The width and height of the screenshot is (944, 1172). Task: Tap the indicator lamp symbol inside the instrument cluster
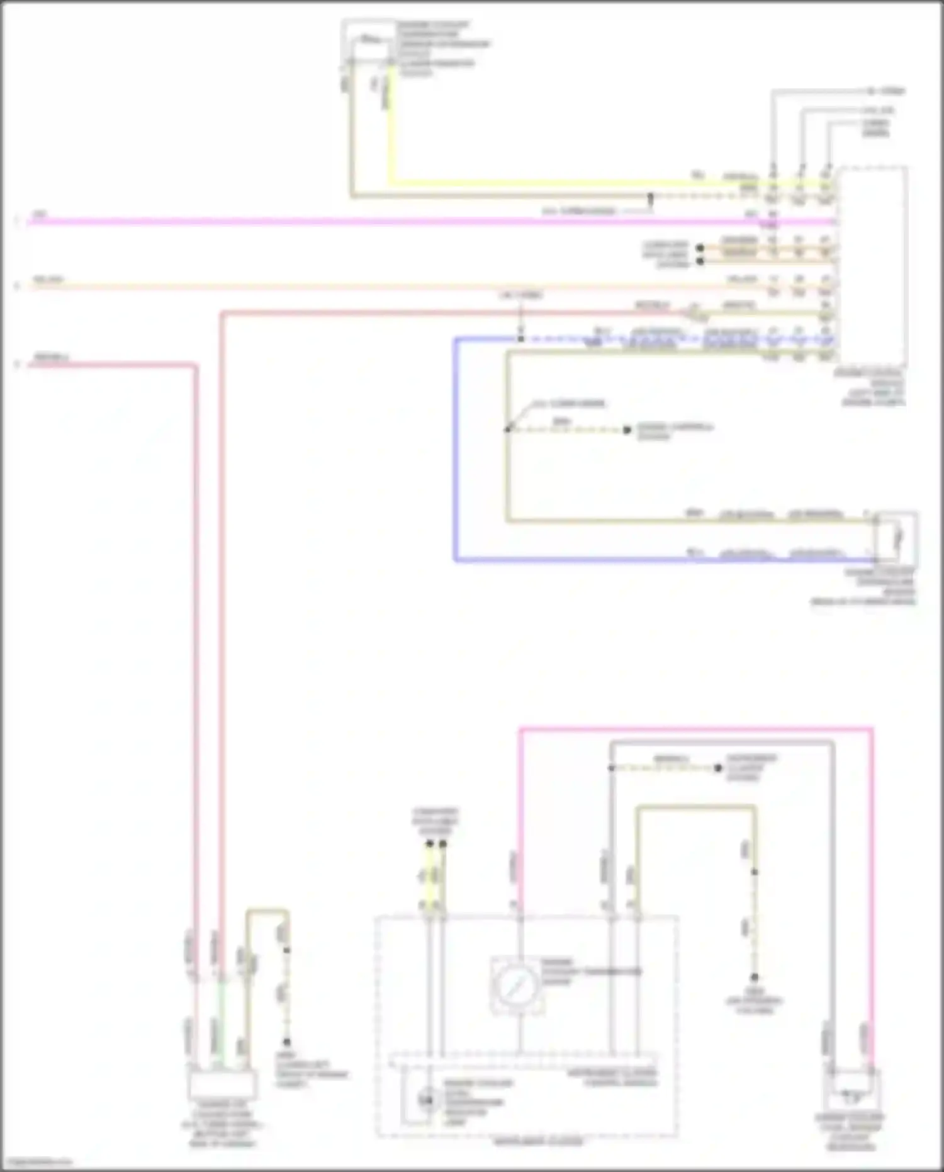[428, 1100]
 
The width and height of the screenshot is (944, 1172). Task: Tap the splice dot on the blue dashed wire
[520, 339]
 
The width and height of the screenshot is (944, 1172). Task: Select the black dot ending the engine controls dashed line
[627, 430]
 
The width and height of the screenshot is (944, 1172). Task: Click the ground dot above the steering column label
[754, 977]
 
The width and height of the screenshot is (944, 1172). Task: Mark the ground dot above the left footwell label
[286, 1042]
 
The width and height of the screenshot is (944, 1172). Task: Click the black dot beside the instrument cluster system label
[717, 768]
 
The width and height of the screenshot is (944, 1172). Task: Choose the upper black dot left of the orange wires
[699, 247]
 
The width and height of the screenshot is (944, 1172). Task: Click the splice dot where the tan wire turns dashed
[651, 196]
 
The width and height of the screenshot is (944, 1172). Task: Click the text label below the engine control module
[877, 387]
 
